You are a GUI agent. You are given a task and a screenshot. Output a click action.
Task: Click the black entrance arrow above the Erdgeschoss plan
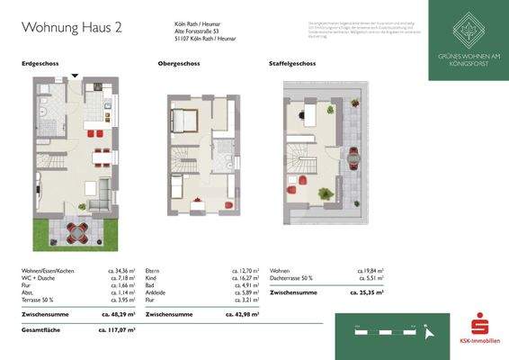pos(75,76)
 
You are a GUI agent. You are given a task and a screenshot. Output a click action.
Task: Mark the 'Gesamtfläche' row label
pos(40,330)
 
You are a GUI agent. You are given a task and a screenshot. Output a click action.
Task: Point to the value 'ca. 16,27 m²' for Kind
pos(243,277)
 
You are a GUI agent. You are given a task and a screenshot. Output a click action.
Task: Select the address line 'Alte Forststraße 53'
pos(199,31)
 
